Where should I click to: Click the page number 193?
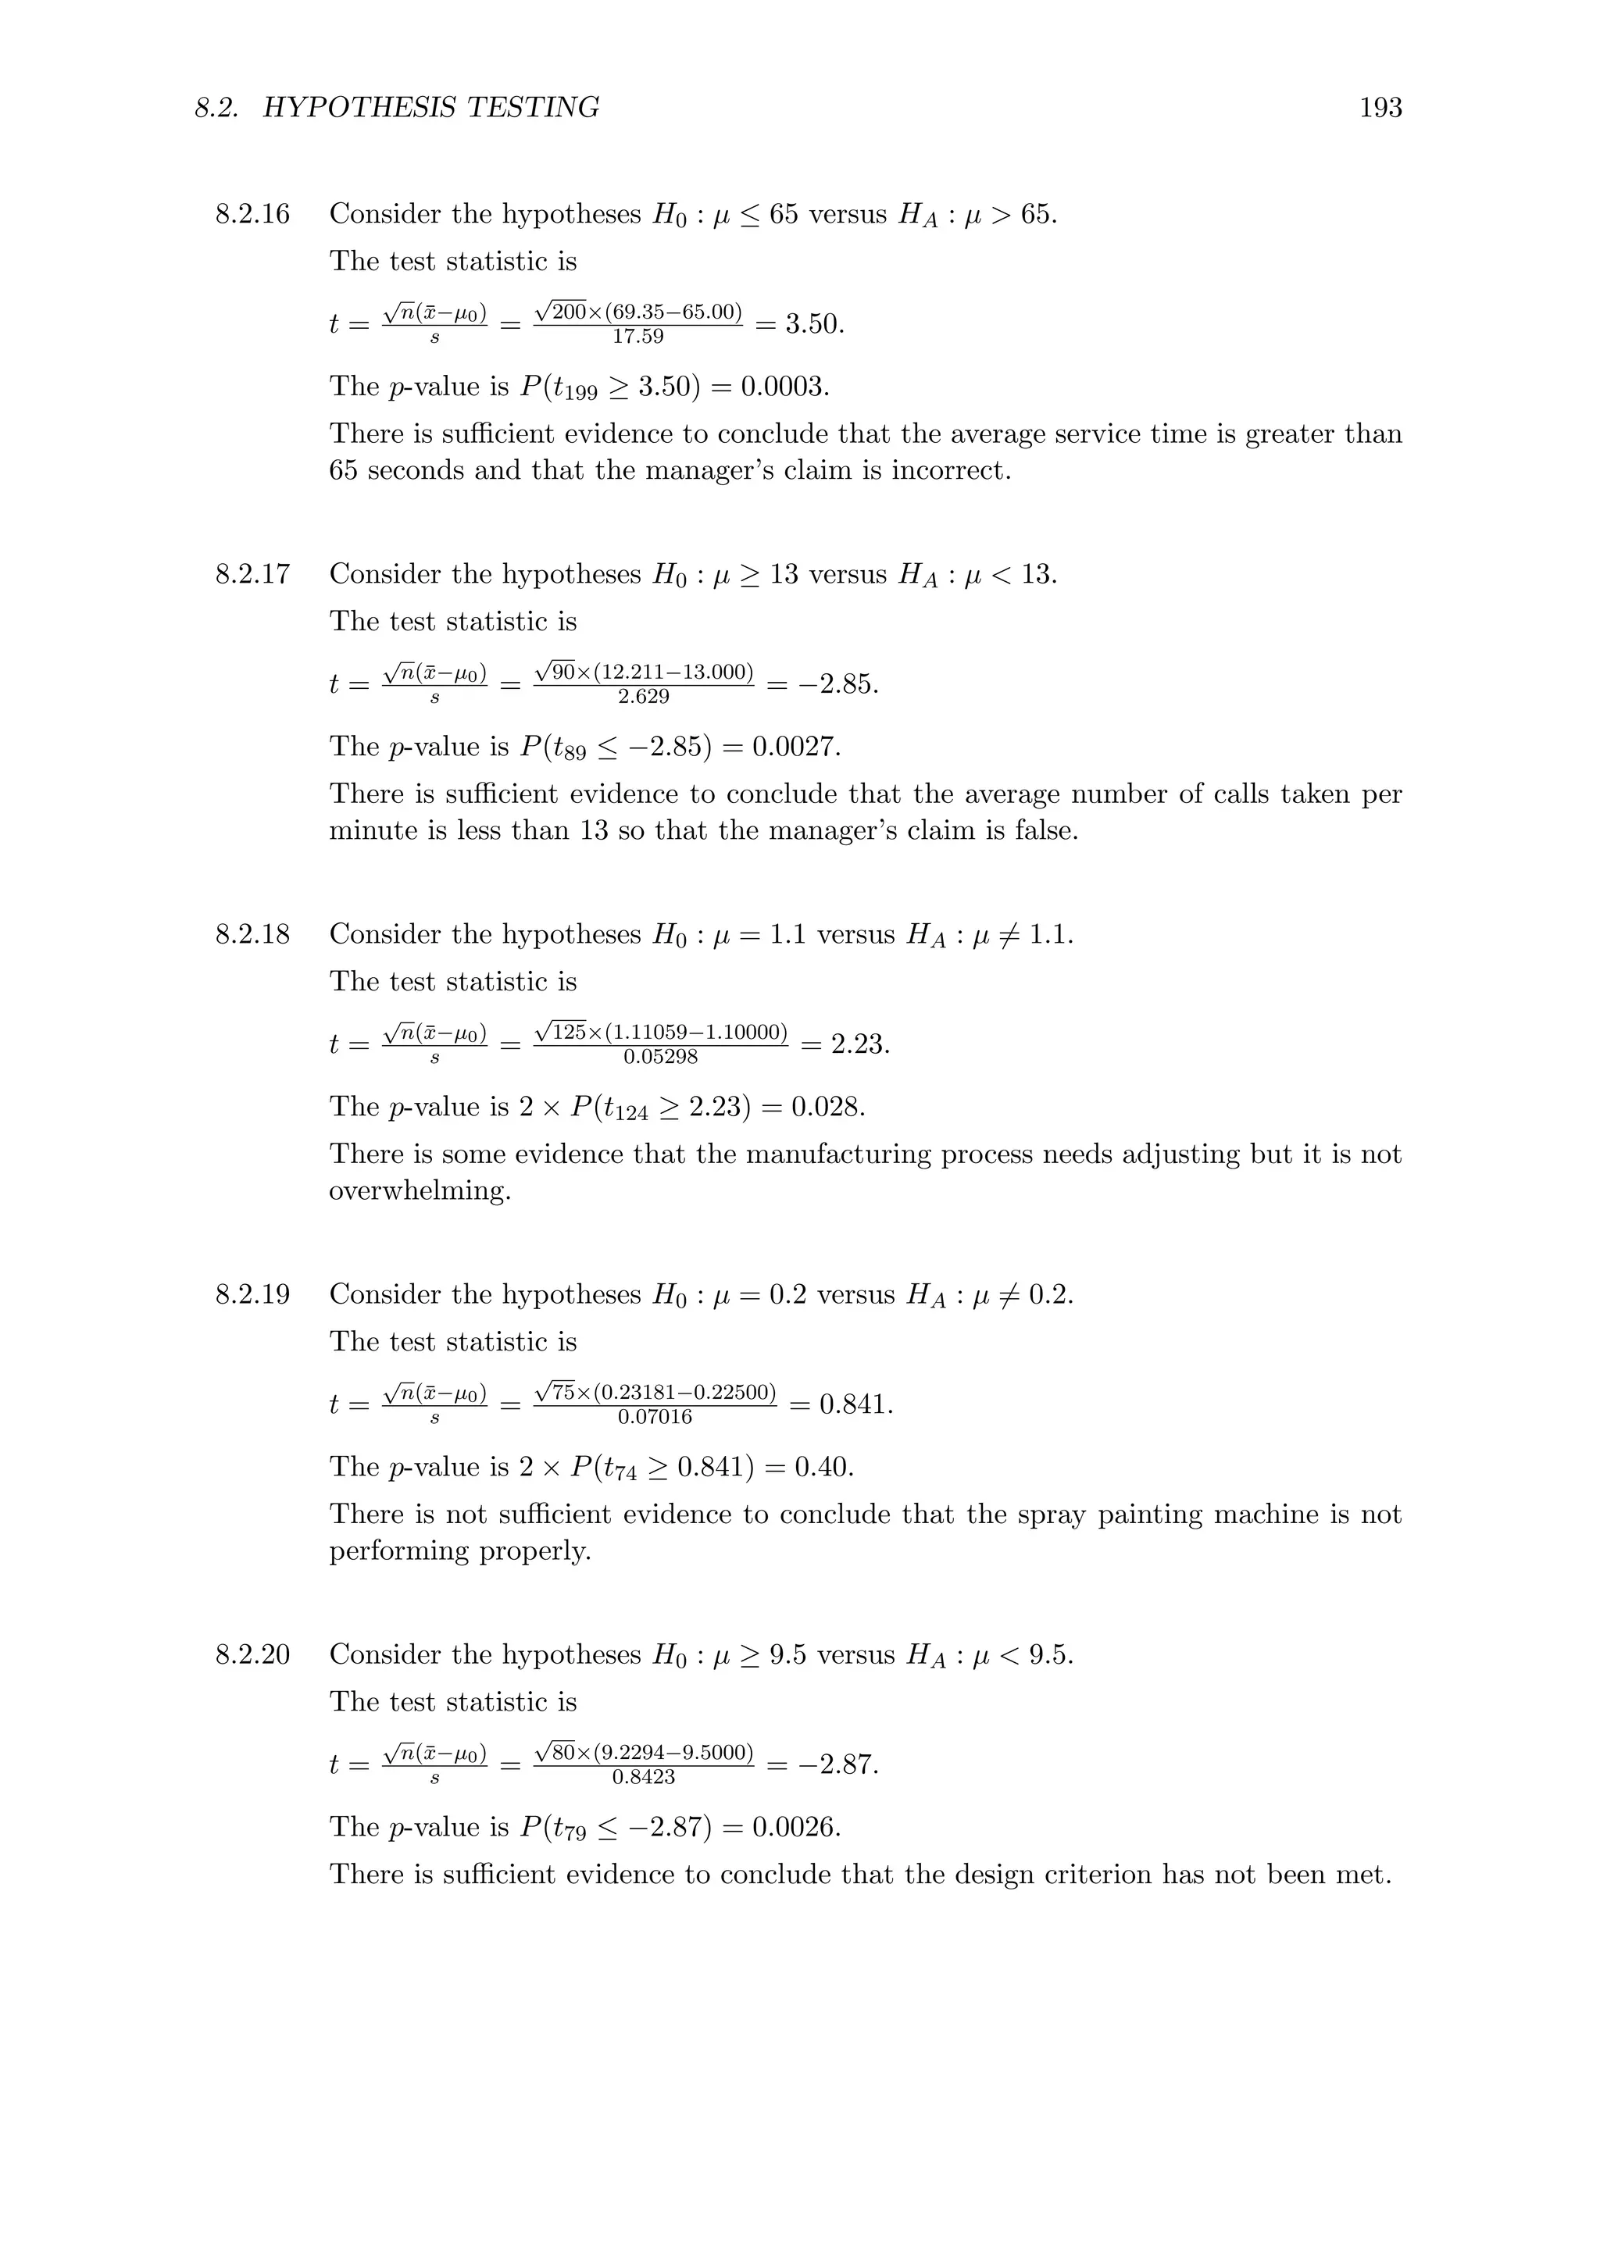[x=1380, y=107]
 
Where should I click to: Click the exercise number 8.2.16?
[x=253, y=214]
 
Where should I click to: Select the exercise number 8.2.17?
[x=253, y=574]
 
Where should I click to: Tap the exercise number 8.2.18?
[x=253, y=934]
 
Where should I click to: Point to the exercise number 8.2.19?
[x=253, y=1294]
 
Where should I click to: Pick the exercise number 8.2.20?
[x=253, y=1654]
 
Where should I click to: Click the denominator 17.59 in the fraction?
[x=637, y=337]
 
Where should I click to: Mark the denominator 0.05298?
[x=660, y=1057]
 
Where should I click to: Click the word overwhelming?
[x=420, y=1191]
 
